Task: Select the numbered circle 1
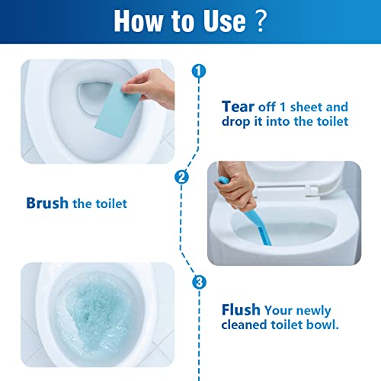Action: click(x=199, y=72)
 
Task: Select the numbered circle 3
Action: click(x=199, y=283)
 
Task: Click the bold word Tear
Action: click(x=238, y=106)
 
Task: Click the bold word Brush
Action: click(x=47, y=203)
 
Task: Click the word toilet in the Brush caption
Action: click(x=110, y=203)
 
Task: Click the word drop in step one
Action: click(x=238, y=122)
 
